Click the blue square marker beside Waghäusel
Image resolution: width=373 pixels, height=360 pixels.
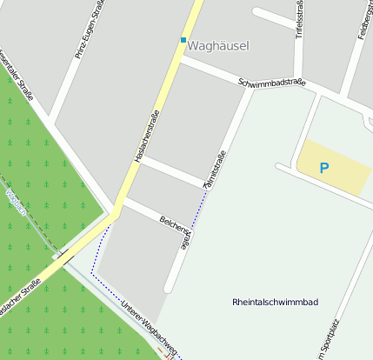183,40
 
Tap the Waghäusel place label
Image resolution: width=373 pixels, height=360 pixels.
221,43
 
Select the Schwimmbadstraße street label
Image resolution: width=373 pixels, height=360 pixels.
272,83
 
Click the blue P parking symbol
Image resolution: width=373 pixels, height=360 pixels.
324,167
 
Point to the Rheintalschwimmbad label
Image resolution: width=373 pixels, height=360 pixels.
276,302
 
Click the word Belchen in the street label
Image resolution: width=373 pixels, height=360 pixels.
171,224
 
